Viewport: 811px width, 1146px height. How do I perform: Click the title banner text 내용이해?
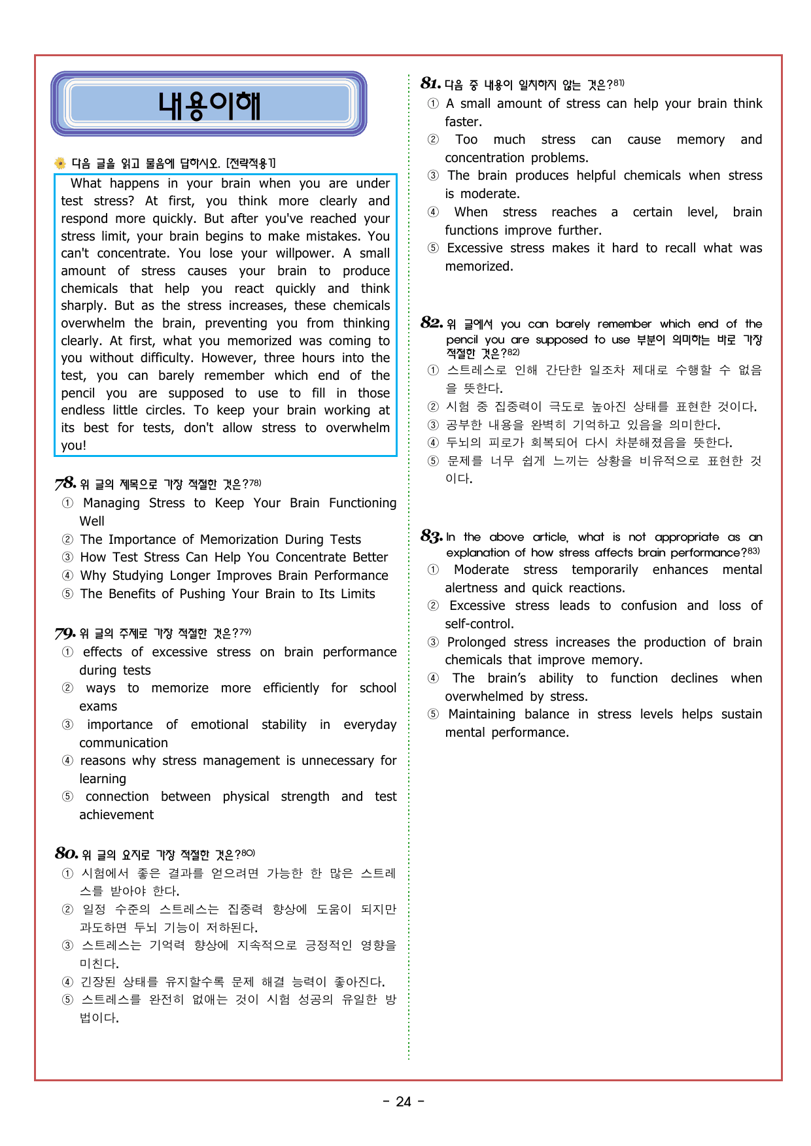click(209, 105)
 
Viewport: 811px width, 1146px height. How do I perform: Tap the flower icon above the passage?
click(60, 163)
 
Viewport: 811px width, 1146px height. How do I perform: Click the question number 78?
click(65, 483)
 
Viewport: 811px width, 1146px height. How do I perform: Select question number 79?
click(65, 633)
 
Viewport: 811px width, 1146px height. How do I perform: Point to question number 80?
click(66, 853)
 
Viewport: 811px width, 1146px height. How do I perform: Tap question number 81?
click(430, 83)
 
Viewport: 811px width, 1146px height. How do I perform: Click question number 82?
click(432, 322)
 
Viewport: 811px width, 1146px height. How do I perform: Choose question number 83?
click(432, 536)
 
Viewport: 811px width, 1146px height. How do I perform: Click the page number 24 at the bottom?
click(404, 1102)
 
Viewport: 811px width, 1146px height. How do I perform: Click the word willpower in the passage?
click(305, 253)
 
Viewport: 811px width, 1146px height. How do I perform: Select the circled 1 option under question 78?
click(67, 503)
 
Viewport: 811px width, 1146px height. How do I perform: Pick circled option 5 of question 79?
click(67, 796)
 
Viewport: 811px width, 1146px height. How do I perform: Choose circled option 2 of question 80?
click(67, 909)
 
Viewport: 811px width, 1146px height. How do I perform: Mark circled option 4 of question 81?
click(433, 212)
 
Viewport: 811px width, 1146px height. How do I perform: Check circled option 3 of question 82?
click(433, 425)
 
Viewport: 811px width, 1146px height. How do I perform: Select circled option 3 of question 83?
click(433, 642)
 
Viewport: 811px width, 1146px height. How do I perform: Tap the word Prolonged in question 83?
click(476, 642)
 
